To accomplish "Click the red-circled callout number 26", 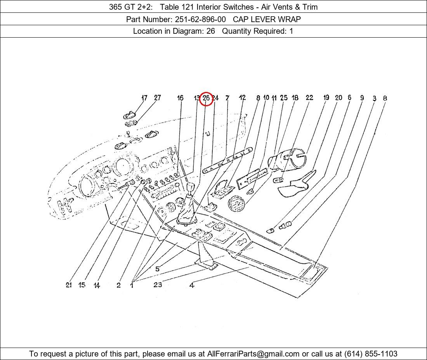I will pyautogui.click(x=206, y=99).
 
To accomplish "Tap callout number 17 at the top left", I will pyautogui.click(x=144, y=98).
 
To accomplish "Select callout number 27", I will pyautogui.click(x=157, y=98).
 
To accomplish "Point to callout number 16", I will pyautogui.click(x=180, y=98).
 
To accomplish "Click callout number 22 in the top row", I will pyautogui.click(x=309, y=98).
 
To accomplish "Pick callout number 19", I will pyautogui.click(x=326, y=98).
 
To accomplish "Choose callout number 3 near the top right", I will pyautogui.click(x=374, y=99).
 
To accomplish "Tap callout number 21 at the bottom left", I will pyautogui.click(x=69, y=285).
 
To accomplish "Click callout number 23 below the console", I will pyautogui.click(x=158, y=285).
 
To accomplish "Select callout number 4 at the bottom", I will pyautogui.click(x=192, y=286).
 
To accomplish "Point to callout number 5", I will pyautogui.click(x=157, y=269).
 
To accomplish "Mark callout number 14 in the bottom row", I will pyautogui.click(x=97, y=286).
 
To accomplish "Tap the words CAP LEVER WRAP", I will pyautogui.click(x=267, y=19).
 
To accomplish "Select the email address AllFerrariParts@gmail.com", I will pyautogui.click(x=253, y=354).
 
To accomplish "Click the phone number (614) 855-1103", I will pyautogui.click(x=371, y=354).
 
